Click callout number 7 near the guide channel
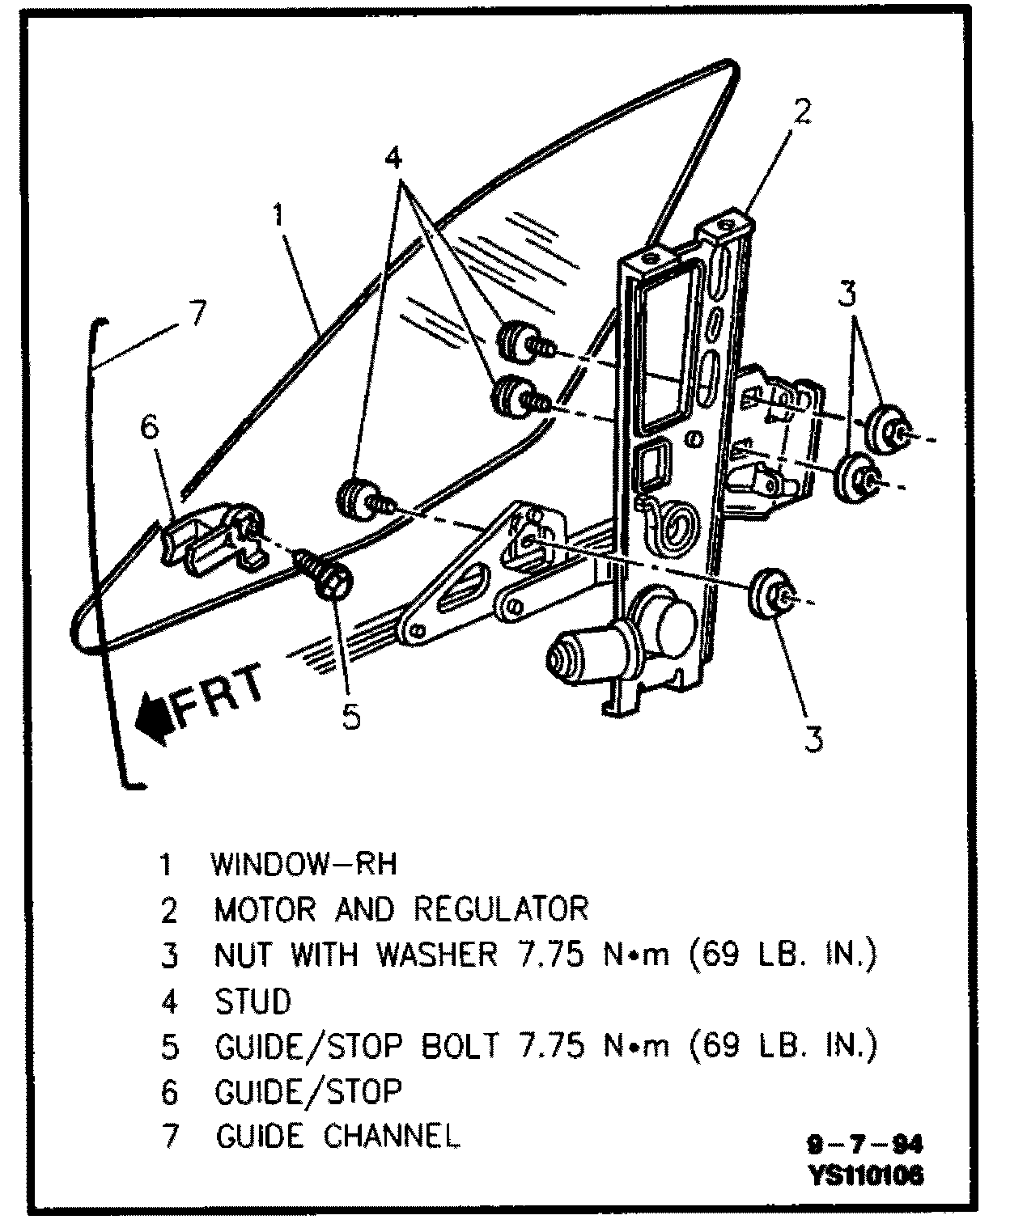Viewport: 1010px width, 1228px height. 197,313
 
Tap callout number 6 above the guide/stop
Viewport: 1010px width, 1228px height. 150,428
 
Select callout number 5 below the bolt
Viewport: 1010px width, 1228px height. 350,716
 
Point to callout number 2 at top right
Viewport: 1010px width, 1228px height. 801,112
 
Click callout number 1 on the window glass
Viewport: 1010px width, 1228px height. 279,217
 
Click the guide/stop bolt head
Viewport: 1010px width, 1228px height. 333,579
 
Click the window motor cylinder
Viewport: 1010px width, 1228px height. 583,651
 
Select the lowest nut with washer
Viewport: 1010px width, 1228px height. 769,595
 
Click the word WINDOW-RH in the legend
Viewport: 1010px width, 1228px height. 304,864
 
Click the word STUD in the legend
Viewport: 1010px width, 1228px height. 252,1001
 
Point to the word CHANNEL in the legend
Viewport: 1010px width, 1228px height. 393,1137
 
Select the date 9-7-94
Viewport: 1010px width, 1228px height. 864,1145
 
